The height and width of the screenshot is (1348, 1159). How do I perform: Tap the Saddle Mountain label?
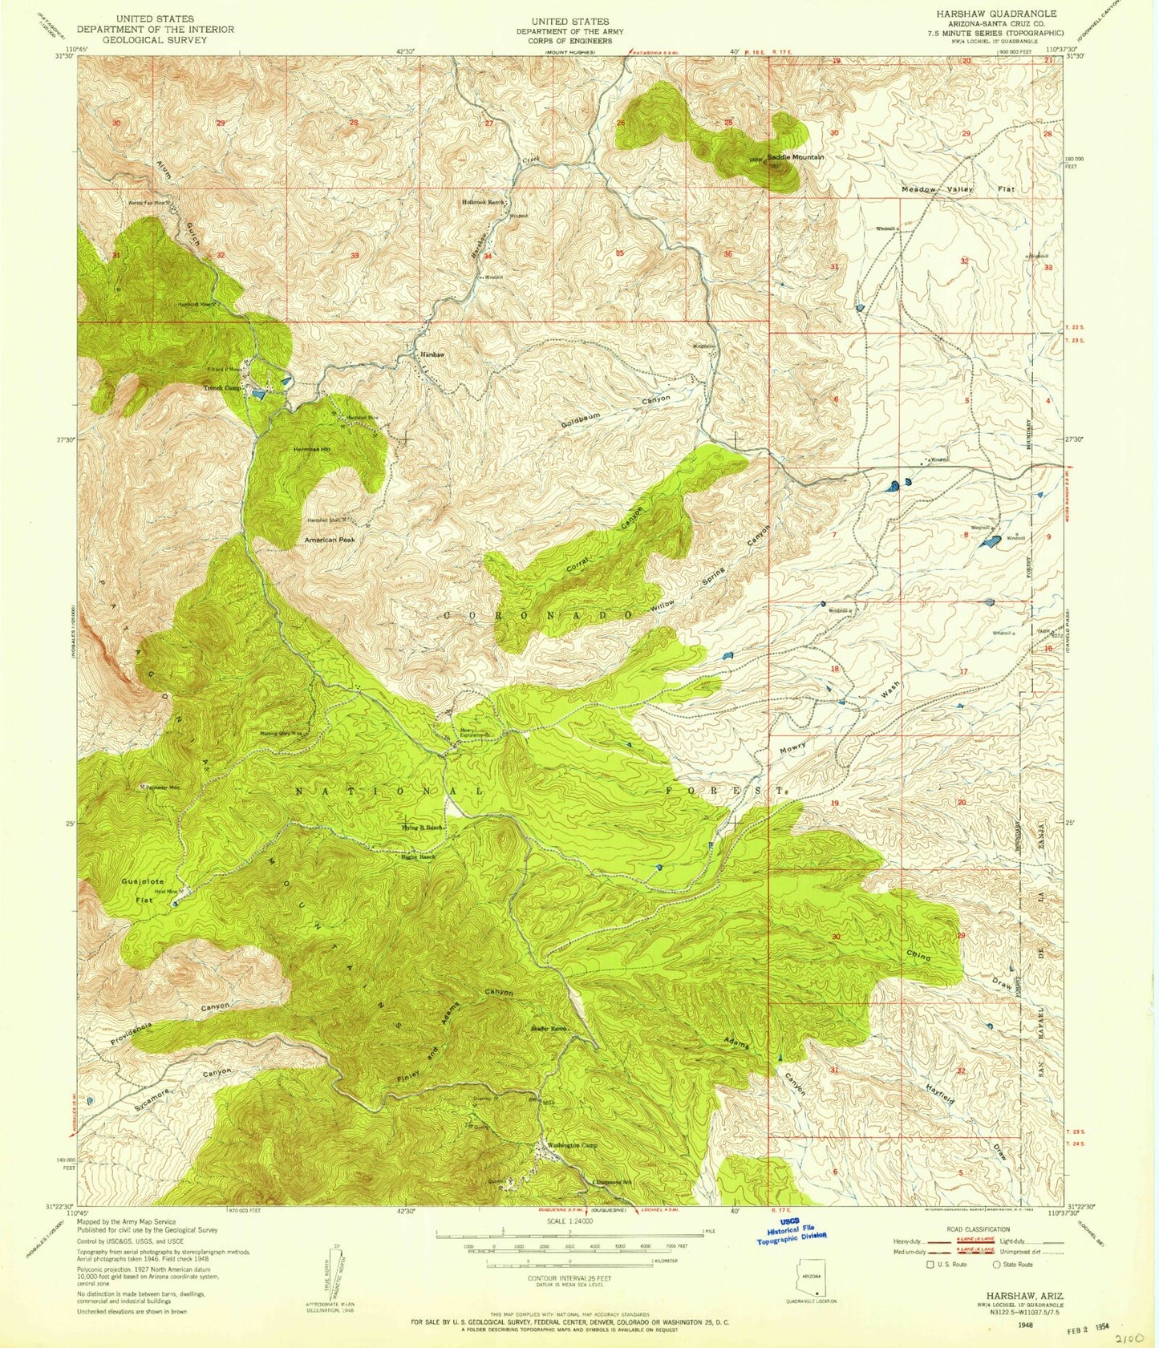click(796, 157)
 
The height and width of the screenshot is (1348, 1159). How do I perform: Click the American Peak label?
click(329, 540)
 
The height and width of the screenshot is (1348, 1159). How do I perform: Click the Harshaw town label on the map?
click(428, 354)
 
